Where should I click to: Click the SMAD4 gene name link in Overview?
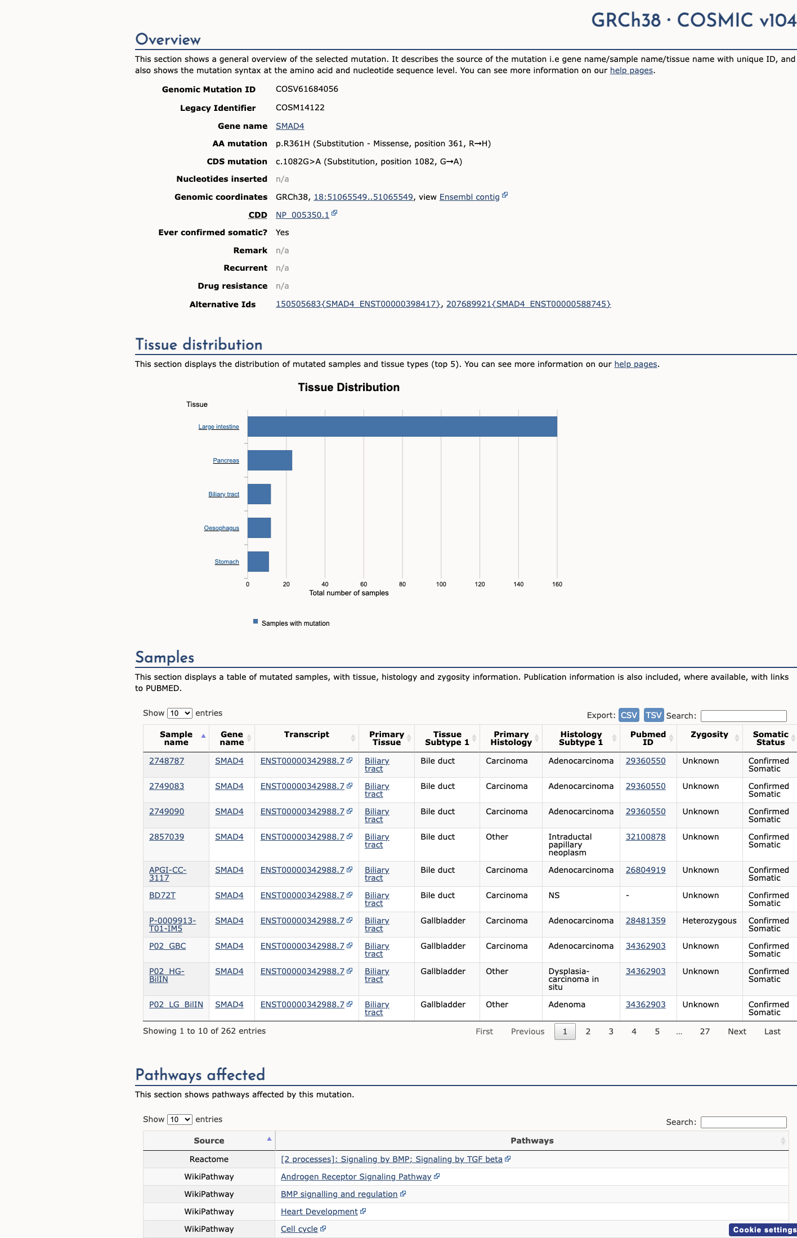(x=290, y=126)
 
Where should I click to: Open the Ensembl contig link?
(x=469, y=197)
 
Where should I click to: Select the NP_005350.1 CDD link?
(x=302, y=215)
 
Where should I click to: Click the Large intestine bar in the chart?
(x=402, y=427)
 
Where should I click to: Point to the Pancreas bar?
(x=270, y=460)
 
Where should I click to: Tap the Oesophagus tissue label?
(x=222, y=528)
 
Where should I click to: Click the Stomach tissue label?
(x=227, y=562)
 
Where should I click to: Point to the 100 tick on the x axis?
(x=441, y=584)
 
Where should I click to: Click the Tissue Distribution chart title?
(x=349, y=387)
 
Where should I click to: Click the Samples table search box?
(x=744, y=716)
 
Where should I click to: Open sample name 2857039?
(x=167, y=837)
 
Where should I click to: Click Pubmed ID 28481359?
(x=646, y=921)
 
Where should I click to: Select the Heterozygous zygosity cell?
(x=709, y=921)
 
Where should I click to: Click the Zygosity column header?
(x=709, y=734)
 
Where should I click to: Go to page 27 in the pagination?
(x=705, y=1031)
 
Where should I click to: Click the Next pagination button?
(x=737, y=1031)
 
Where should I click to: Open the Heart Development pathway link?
(x=319, y=1212)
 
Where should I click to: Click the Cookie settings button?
(x=763, y=1230)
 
